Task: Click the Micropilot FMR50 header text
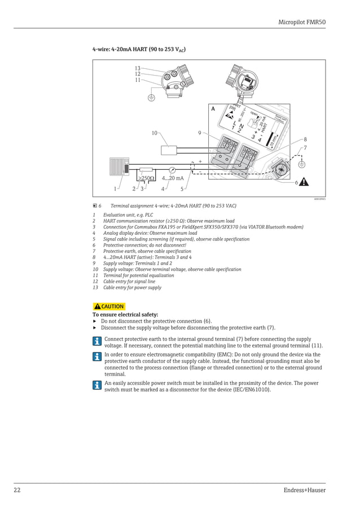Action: point(302,22)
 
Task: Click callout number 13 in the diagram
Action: point(137,68)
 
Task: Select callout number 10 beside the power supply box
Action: point(154,133)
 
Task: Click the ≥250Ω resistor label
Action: point(147,178)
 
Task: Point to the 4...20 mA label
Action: point(173,178)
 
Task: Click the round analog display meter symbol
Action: point(172,169)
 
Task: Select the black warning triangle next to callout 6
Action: point(304,182)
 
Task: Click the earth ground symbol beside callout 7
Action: point(301,164)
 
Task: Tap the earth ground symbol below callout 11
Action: point(151,97)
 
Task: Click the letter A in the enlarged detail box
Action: point(213,109)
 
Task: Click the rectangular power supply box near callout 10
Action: point(169,151)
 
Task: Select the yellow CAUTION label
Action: point(109,306)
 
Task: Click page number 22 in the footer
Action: point(17,490)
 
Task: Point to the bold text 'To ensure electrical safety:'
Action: point(125,314)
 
